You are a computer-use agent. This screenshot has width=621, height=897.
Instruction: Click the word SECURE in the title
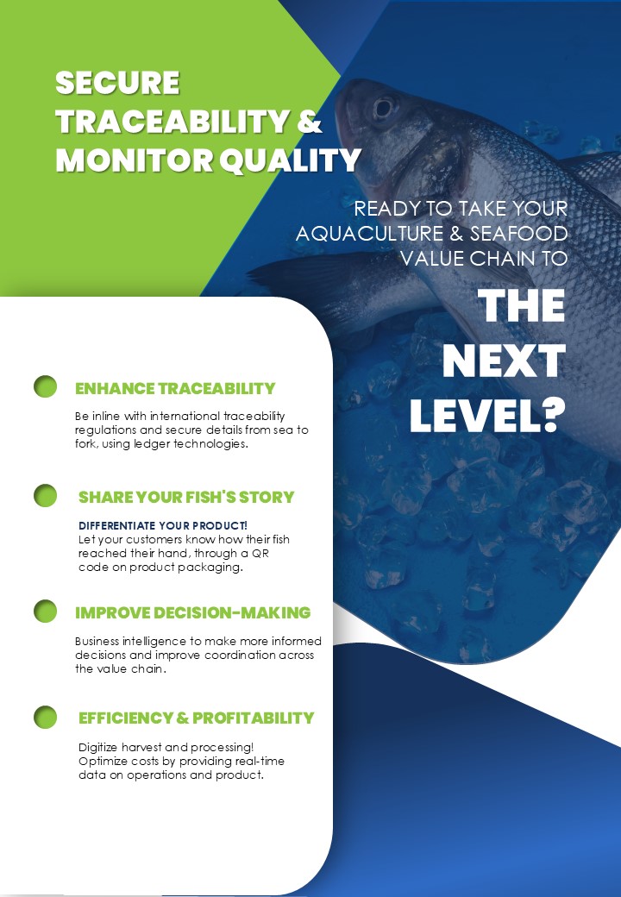click(118, 83)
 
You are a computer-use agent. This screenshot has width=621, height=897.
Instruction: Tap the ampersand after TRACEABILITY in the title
click(310, 122)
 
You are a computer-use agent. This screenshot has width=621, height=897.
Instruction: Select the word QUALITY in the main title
click(291, 160)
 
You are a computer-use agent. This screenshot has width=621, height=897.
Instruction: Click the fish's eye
click(384, 108)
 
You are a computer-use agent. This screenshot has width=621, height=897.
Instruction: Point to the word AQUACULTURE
click(369, 234)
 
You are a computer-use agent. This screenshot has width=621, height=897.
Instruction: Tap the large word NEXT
click(504, 361)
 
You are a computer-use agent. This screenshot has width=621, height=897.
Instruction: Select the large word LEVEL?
click(487, 415)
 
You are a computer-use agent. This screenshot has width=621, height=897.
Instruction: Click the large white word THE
click(521, 306)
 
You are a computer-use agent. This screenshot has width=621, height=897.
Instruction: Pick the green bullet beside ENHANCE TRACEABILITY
click(45, 386)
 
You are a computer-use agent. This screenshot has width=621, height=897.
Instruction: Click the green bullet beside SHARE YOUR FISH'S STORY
click(45, 495)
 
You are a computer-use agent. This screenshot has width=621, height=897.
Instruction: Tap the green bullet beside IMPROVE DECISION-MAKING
click(45, 611)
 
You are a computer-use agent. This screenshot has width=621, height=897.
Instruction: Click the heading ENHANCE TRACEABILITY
click(175, 388)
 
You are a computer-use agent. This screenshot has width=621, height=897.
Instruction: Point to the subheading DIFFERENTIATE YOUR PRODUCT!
click(163, 525)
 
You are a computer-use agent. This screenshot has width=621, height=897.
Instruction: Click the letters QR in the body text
click(260, 553)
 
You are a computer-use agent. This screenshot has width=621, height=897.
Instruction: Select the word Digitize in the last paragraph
click(97, 748)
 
